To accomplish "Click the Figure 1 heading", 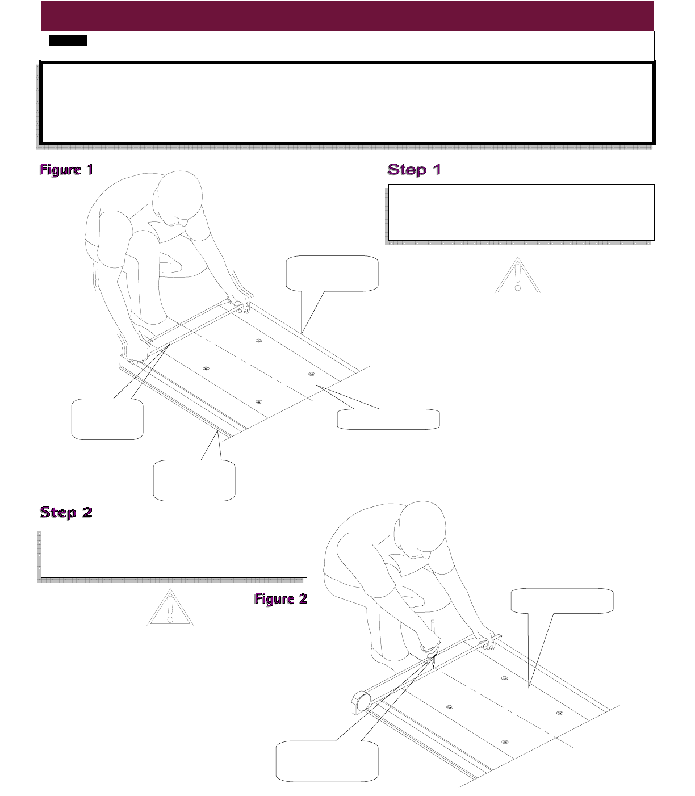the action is tap(66, 169).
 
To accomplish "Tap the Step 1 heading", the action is tap(414, 169).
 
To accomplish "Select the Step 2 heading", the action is tap(66, 512).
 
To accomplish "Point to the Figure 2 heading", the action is tap(280, 598).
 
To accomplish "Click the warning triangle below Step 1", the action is tap(517, 276).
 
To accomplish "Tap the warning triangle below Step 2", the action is tap(170, 609).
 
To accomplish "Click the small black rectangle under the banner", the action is tap(68, 40).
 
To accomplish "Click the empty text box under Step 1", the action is tap(521, 212).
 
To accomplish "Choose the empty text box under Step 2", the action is tap(174, 552).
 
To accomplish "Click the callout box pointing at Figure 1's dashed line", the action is tap(388, 419).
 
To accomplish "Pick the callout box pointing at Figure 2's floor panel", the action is tap(562, 601).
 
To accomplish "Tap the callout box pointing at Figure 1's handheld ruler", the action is tap(107, 419).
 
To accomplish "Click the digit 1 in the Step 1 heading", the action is tap(436, 169).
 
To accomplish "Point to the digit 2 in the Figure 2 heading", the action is tap(302, 598).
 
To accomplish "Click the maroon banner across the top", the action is tap(347, 15).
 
